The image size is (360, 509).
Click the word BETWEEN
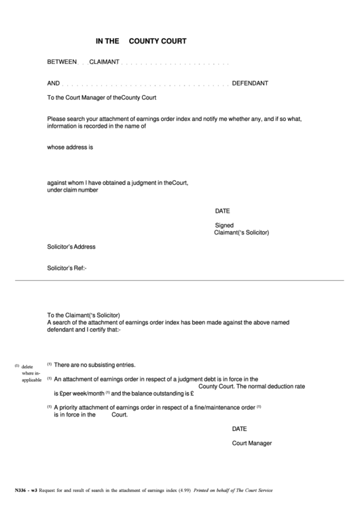coord(62,63)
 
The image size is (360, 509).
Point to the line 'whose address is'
coord(70,147)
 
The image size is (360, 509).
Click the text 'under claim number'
coord(73,190)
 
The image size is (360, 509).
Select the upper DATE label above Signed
coord(223,211)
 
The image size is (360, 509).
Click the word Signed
coord(224,225)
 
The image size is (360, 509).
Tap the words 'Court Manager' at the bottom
coord(252,443)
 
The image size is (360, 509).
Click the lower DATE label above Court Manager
coord(239,429)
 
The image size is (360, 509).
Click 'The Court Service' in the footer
coord(255,491)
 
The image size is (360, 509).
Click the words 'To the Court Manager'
coord(74,99)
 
